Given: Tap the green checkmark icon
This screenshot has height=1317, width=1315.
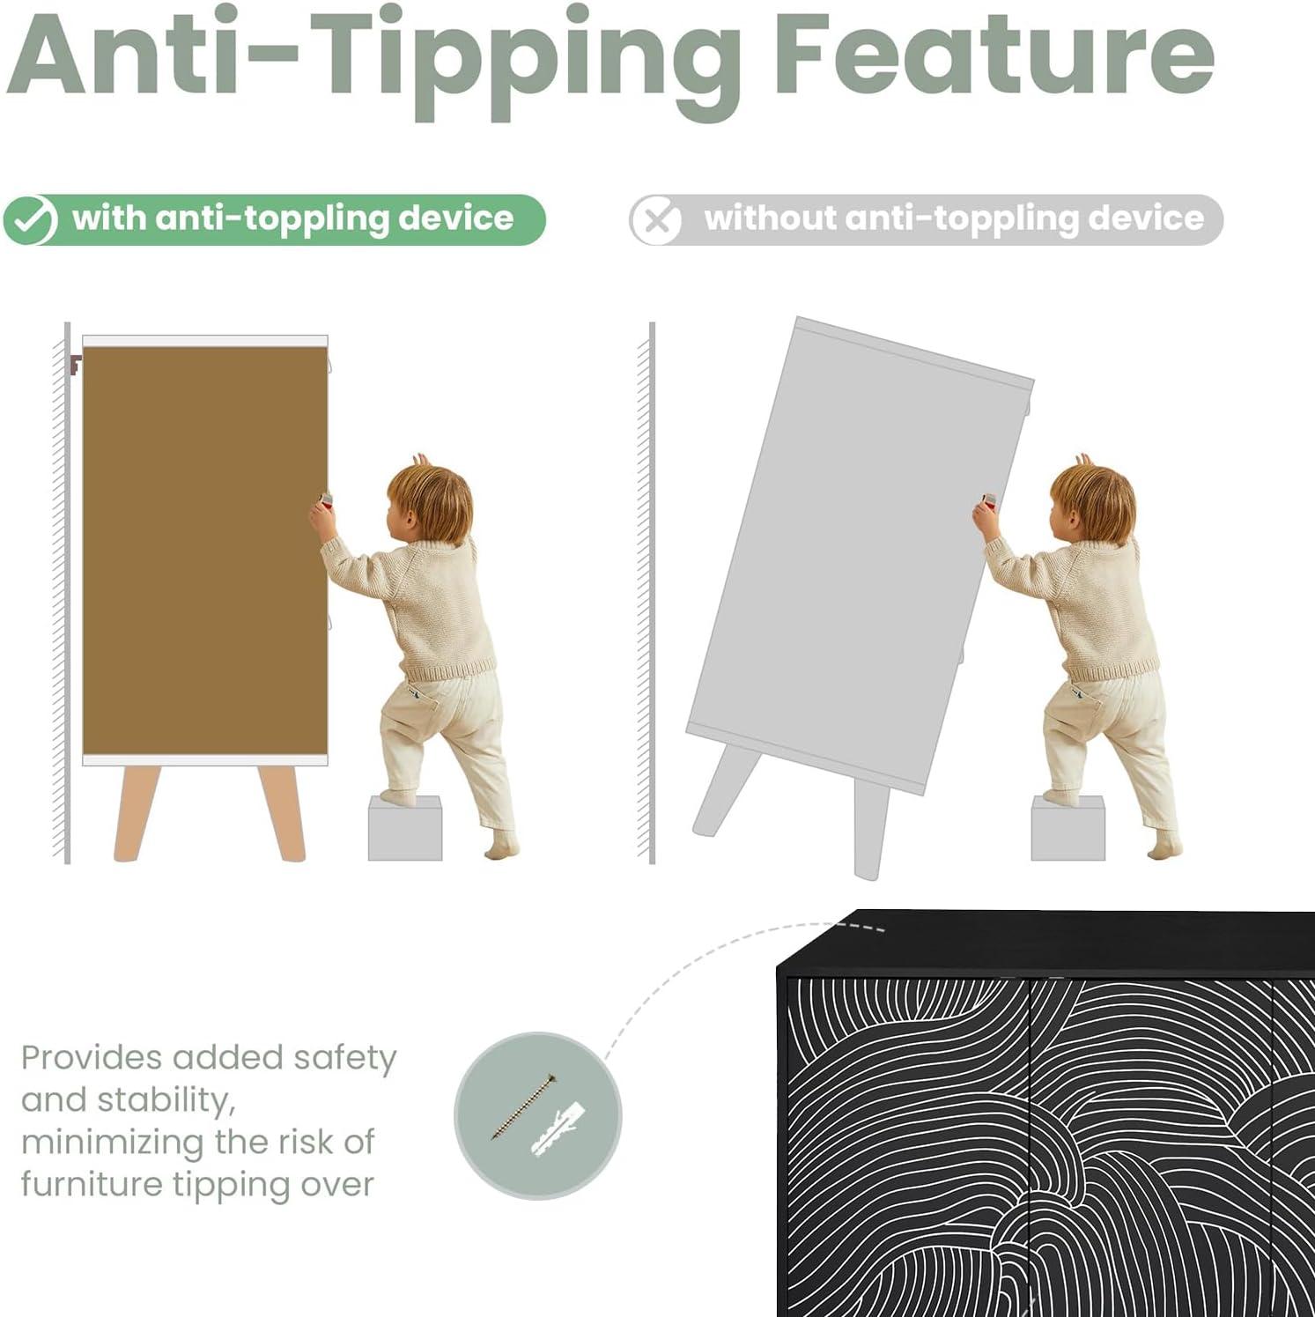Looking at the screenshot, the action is tap(31, 220).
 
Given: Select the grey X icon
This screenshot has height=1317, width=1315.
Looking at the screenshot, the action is tap(656, 220).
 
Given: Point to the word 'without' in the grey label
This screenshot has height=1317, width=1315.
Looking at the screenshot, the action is tap(770, 218).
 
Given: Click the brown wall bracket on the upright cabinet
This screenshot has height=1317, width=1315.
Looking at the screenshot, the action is tap(75, 364).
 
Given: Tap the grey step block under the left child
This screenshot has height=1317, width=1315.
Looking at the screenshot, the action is tap(405, 828).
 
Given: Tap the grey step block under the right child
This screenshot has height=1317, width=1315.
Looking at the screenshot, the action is tap(1068, 828).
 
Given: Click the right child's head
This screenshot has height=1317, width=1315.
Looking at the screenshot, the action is tap(1094, 502).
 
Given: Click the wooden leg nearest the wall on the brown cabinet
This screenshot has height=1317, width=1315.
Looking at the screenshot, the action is tap(137, 812).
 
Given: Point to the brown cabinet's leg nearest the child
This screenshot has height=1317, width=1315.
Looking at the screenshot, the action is tap(282, 812).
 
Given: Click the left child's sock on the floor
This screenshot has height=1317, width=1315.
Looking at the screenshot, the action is tap(501, 845).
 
